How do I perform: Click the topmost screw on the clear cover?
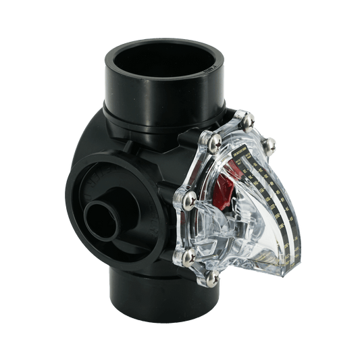(x=238, y=115)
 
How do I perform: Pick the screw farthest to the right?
(x=272, y=143)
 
